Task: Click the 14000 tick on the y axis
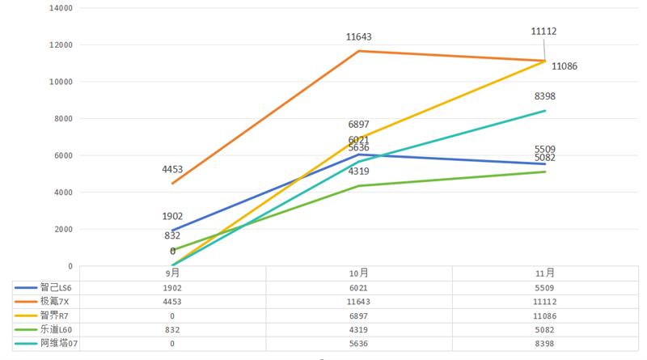point(61,8)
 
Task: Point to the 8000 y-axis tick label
point(64,119)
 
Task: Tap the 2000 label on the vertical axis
point(64,230)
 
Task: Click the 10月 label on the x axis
point(359,273)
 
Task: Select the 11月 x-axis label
point(545,273)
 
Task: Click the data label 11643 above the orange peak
point(358,37)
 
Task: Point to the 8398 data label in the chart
point(545,96)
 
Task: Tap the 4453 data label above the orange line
point(172,170)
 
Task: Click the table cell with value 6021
point(359,287)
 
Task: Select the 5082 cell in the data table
point(545,329)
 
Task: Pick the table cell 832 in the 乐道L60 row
point(172,329)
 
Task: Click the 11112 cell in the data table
point(545,301)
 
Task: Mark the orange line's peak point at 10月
point(359,51)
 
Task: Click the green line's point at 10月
point(359,186)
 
